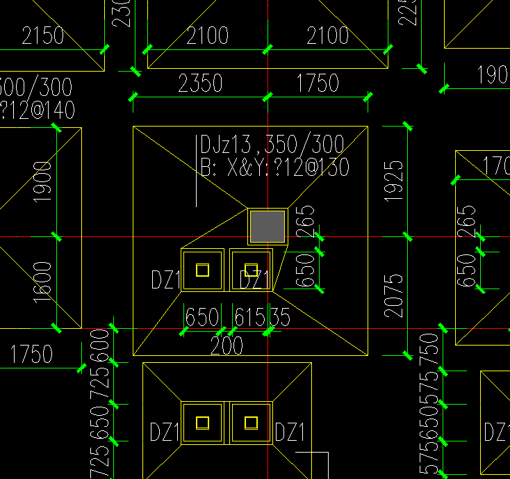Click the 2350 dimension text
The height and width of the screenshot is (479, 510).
point(200,83)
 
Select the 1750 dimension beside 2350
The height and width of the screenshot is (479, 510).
point(318,83)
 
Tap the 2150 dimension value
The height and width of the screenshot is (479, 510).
point(42,35)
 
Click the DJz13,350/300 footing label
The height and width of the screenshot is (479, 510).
point(272,145)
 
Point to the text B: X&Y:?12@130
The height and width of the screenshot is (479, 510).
point(274,167)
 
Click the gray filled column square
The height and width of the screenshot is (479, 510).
point(268,226)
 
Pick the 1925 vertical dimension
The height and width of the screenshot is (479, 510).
point(393,181)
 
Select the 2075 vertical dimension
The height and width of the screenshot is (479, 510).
point(393,295)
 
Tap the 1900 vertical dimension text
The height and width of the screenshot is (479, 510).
point(42,181)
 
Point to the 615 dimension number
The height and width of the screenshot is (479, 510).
point(249,318)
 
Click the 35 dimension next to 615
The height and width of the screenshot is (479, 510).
point(279,318)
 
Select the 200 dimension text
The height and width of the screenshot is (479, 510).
point(227,345)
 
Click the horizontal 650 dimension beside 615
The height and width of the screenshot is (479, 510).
point(202,318)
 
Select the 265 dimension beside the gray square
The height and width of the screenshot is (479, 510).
point(306,221)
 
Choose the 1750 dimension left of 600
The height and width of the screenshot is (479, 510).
point(31,355)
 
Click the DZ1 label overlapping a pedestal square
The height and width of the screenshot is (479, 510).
point(254,280)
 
